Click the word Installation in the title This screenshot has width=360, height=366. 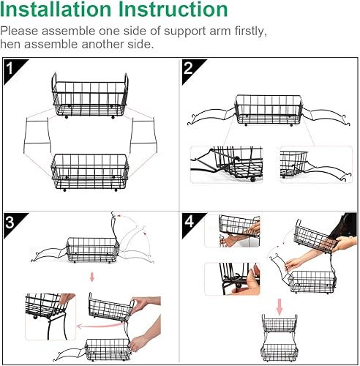pos(56,10)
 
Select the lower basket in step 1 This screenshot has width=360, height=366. pos(90,172)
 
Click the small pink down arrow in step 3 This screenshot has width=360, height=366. pos(92,277)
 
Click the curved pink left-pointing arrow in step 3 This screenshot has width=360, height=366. pos(100,324)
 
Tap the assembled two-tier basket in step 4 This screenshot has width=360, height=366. pos(280,338)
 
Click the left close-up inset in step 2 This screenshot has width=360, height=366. pos(226,165)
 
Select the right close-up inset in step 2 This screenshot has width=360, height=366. pos(316,165)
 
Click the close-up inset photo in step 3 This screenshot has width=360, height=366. pos(50,317)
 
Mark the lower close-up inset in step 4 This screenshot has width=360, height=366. pos(232,279)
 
